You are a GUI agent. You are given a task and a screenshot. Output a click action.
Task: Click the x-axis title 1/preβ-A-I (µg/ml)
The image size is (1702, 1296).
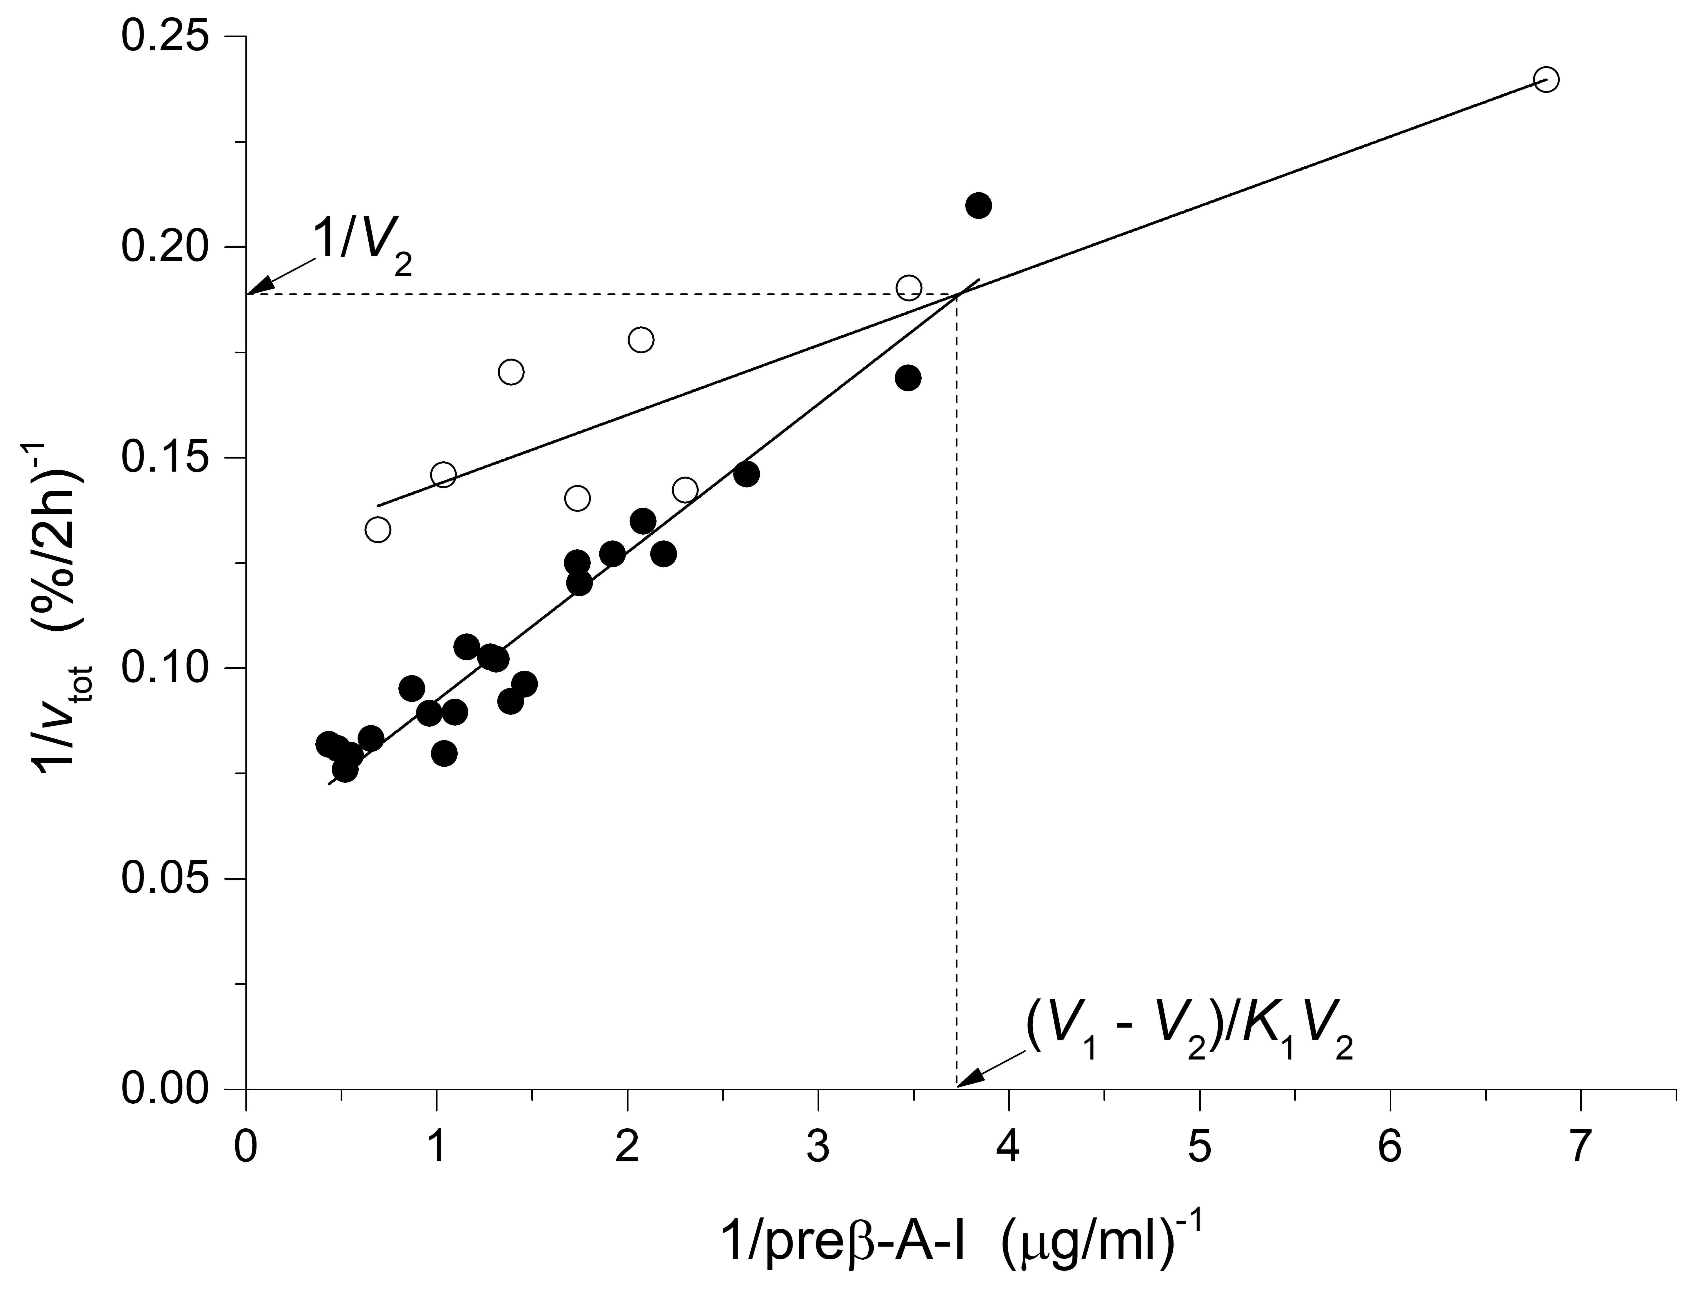[x=961, y=1242]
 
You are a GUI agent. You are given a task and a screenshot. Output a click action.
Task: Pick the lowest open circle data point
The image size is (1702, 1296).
[x=377, y=530]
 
